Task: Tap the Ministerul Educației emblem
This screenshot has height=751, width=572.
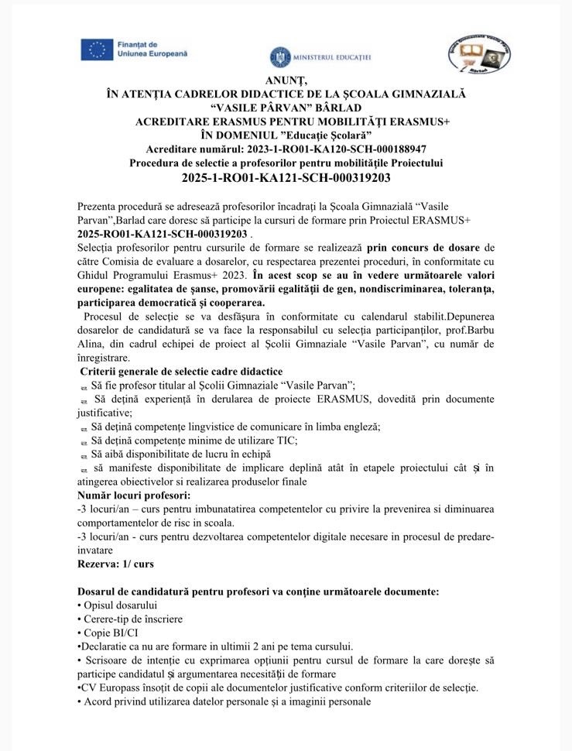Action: pos(280,57)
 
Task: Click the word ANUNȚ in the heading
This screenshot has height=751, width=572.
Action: pos(286,81)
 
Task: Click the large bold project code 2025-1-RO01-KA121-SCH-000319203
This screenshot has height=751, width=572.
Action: pos(286,177)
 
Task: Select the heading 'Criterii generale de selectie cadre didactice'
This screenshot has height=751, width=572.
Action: pos(181,372)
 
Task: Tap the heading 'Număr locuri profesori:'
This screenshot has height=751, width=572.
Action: pos(133,495)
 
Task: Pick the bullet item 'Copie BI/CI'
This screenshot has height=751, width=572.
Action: pos(111,633)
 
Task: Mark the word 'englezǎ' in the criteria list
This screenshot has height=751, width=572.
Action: pos(361,426)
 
